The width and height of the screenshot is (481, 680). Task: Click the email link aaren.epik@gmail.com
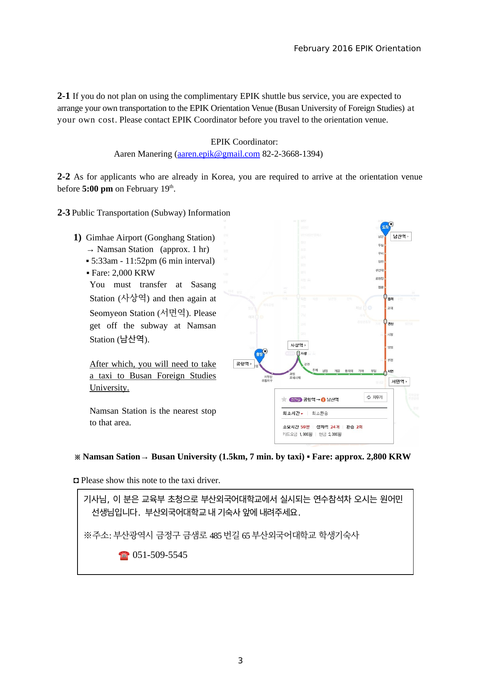(x=219, y=154)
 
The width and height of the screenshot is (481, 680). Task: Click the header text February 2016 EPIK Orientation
(x=357, y=48)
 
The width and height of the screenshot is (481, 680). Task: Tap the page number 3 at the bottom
(x=240, y=661)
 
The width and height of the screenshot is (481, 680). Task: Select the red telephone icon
(x=124, y=556)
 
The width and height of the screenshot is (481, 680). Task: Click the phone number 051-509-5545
(x=160, y=555)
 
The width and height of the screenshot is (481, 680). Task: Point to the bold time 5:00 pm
(x=97, y=189)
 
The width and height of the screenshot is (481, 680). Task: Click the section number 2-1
(x=64, y=96)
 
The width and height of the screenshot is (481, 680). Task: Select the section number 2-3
(x=64, y=213)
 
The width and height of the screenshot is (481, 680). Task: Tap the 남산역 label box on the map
(x=400, y=236)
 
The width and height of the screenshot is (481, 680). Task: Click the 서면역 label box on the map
(x=399, y=381)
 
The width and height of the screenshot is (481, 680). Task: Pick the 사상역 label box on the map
(x=298, y=345)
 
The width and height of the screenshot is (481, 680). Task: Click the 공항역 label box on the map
(x=244, y=364)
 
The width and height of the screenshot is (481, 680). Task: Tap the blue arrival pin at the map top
(x=385, y=228)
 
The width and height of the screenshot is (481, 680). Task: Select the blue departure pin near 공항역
(x=259, y=355)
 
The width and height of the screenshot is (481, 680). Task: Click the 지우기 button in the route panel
(x=375, y=397)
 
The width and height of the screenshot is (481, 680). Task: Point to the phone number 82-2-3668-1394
(x=292, y=154)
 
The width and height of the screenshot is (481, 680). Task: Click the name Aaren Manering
(x=143, y=154)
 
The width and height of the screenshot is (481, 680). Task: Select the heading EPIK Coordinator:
(x=244, y=142)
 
